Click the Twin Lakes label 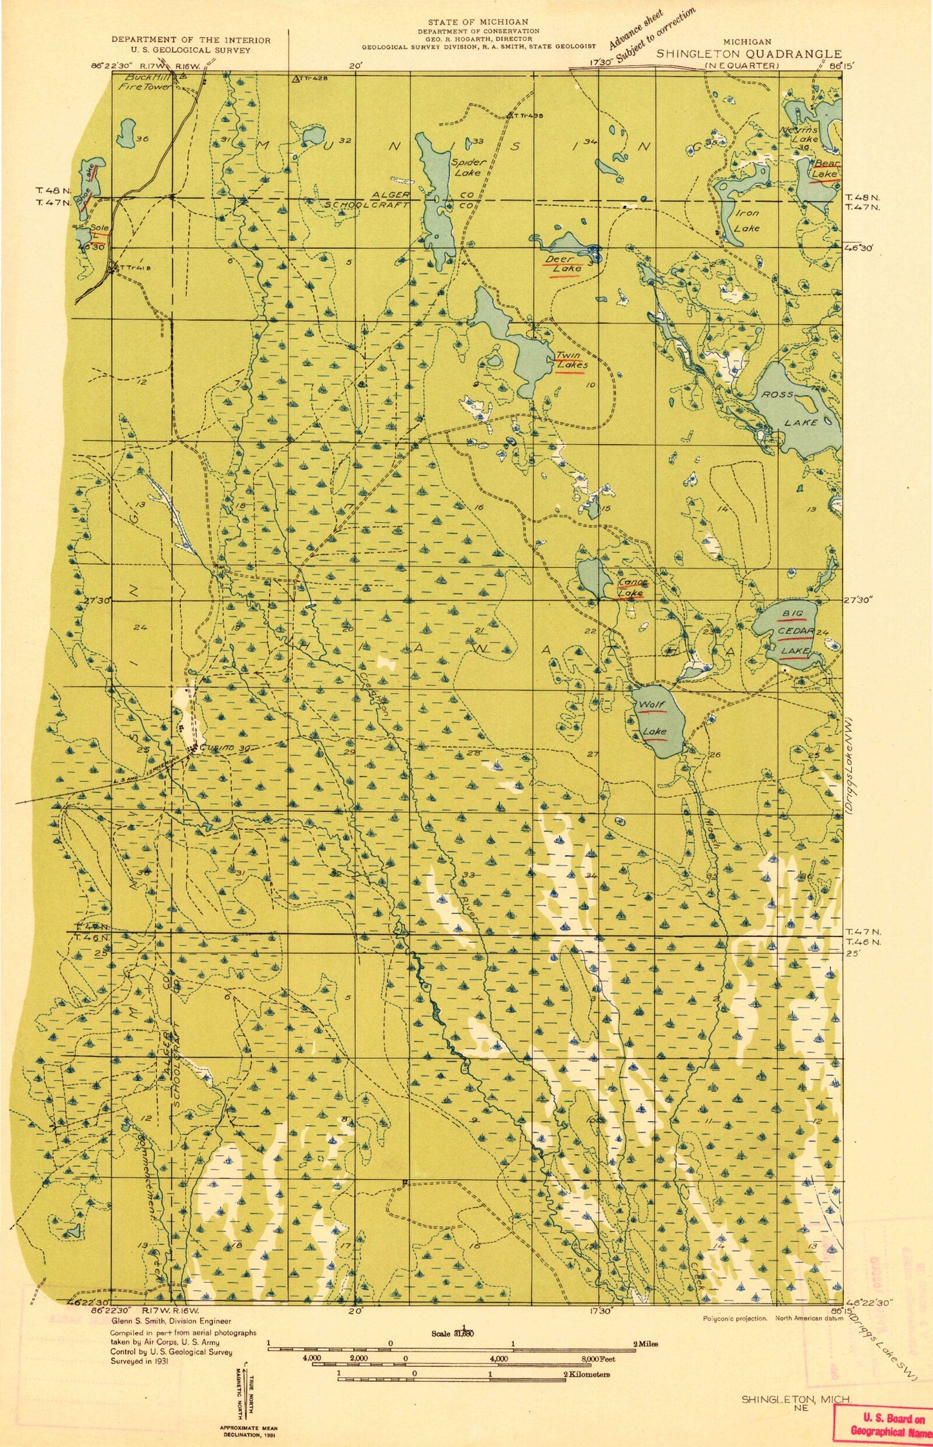point(571,360)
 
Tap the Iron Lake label point(747,220)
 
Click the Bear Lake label point(825,169)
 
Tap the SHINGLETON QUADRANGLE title point(749,54)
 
